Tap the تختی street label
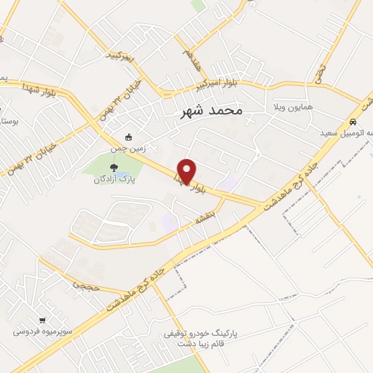[319, 71]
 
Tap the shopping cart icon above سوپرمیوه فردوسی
[42, 320]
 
